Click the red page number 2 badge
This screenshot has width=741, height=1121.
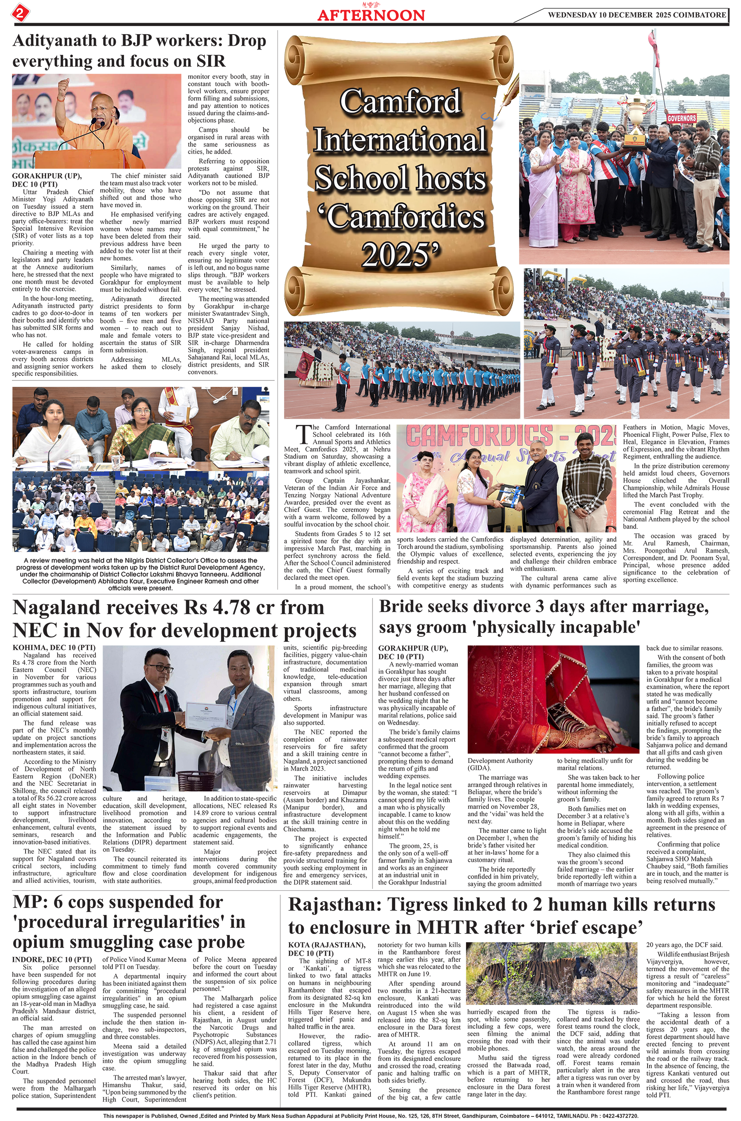pyautogui.click(x=19, y=12)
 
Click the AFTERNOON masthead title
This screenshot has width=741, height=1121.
pyautogui.click(x=371, y=15)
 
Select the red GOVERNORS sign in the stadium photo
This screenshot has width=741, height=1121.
pyautogui.click(x=681, y=117)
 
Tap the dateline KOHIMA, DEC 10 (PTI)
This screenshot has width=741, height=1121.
pyautogui.click(x=54, y=647)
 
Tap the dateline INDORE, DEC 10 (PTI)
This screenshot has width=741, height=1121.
pyautogui.click(x=52, y=960)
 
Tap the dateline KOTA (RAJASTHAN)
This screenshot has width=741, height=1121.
pyautogui.click(x=326, y=945)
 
